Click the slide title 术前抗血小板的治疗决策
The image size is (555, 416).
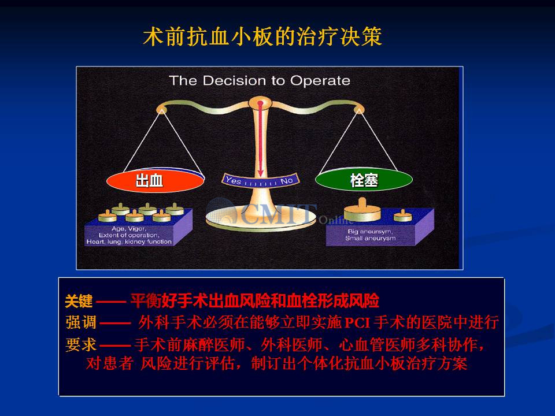coord(262,36)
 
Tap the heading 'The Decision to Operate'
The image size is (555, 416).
coord(260,81)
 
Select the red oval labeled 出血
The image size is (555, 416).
coord(156,180)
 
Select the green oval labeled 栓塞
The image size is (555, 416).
coord(364,180)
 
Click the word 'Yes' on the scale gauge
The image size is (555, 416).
coord(233,180)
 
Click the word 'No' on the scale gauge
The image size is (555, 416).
coord(286,181)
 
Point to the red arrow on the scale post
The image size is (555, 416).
coord(261,139)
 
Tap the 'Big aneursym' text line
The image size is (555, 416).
coord(370,231)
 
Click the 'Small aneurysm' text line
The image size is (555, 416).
coord(370,239)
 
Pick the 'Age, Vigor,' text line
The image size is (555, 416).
coord(129,229)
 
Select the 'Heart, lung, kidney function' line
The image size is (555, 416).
coord(129,242)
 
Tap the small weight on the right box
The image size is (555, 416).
coord(403,215)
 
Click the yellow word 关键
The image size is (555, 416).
coord(79,301)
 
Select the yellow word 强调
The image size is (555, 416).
coord(81,322)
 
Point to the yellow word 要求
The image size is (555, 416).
coord(81,344)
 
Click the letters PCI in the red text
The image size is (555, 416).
coord(357,323)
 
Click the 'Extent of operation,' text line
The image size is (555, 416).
coord(129,235)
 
